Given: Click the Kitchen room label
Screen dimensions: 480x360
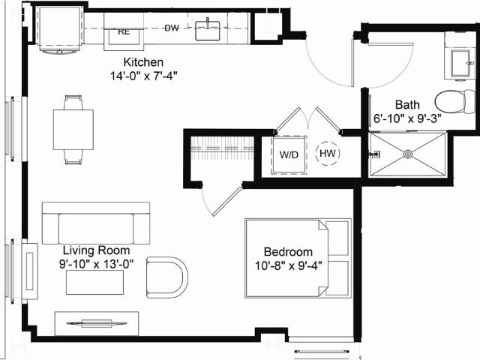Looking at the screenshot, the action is click(143, 62).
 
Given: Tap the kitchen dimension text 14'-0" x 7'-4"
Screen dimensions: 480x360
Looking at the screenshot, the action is click(144, 76).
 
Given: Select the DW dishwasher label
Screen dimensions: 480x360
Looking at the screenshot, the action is click(172, 28).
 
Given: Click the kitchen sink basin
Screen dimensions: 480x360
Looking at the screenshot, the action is click(208, 30).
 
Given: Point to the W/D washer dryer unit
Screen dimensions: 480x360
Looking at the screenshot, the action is click(289, 154).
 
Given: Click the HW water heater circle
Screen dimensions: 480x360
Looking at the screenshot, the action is click(328, 153).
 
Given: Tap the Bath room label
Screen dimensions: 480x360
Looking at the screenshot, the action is click(407, 105).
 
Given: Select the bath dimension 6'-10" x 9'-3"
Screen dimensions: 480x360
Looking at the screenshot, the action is click(407, 118).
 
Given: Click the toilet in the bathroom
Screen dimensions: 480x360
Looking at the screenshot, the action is click(455, 102).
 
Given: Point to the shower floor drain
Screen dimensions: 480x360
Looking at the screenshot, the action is click(408, 154).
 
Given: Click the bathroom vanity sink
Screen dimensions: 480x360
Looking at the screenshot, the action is click(461, 63).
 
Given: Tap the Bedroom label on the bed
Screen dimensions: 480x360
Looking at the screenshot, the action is click(288, 252).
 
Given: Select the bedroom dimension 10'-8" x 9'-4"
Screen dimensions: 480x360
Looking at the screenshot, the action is click(288, 265).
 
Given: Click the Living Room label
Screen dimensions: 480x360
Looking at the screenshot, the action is click(97, 250).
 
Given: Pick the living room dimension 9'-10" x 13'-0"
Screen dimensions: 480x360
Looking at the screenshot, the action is click(97, 264).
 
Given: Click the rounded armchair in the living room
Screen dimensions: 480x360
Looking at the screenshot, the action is click(166, 277).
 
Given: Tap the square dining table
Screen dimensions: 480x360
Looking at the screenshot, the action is click(73, 130).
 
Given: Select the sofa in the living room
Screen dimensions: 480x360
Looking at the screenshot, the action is click(96, 223).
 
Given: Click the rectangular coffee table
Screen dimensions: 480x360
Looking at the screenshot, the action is click(95, 282).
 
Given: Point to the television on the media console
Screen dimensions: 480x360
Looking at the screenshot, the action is click(97, 323).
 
